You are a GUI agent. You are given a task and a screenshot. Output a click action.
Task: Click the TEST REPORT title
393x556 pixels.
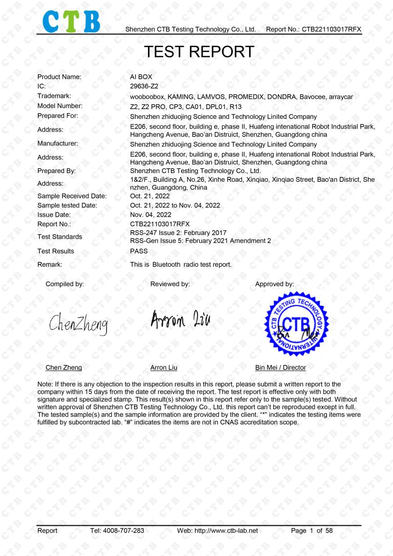tap(199, 52)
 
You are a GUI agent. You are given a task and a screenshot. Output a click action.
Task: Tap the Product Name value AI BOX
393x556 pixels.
tap(141, 77)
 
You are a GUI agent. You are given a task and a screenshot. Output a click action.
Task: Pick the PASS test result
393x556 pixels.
tap(139, 251)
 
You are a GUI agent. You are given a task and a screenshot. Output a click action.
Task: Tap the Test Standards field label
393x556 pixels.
tap(59, 237)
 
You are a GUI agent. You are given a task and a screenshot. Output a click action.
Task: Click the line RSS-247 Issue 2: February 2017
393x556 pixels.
tap(179, 233)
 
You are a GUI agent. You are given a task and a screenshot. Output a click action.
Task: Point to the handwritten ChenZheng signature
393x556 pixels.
tap(79, 323)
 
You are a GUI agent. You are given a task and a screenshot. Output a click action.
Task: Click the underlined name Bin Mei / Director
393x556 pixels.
tap(280, 368)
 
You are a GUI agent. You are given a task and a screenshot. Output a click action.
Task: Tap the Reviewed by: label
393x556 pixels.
tap(170, 284)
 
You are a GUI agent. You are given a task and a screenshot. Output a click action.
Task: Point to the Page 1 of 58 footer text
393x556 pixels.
tap(312, 531)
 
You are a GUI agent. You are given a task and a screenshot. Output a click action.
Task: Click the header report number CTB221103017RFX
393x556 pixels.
tap(331, 29)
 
